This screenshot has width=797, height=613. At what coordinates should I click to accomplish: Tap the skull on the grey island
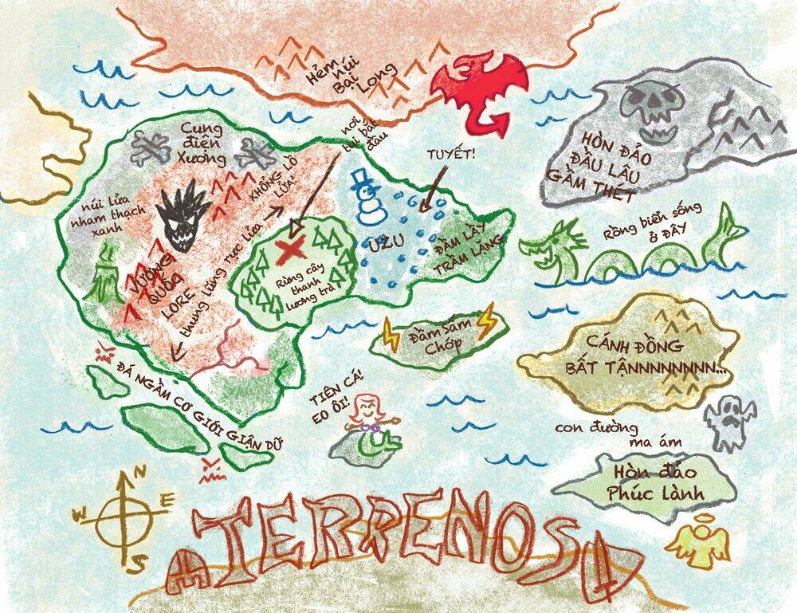650,112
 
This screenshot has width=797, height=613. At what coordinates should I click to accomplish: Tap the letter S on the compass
138,563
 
